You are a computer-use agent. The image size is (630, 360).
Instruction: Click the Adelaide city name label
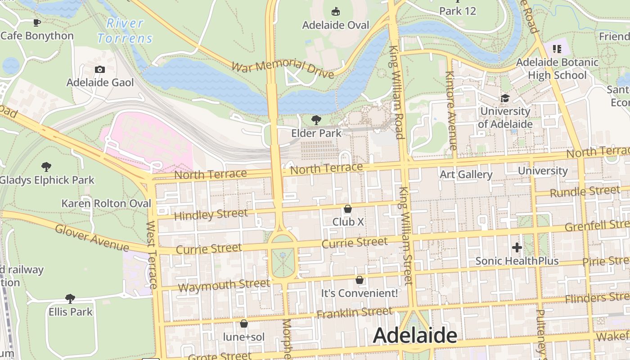(415, 336)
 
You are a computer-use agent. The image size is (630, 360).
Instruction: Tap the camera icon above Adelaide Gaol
(100, 69)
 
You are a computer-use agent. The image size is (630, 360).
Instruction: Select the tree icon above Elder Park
(316, 120)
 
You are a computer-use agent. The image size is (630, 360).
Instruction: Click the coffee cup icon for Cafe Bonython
(37, 22)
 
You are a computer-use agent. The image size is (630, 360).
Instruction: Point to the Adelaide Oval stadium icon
(335, 11)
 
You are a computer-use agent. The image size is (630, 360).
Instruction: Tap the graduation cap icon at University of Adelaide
(505, 98)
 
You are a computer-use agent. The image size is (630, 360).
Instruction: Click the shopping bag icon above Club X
(347, 209)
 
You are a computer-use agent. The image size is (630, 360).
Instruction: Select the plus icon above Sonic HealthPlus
(517, 247)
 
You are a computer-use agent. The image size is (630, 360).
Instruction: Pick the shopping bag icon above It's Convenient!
(359, 280)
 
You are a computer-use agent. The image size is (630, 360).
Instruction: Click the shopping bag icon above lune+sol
(243, 324)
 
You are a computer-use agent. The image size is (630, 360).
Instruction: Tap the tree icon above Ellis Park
(70, 298)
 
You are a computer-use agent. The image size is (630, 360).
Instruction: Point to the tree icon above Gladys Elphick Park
(46, 167)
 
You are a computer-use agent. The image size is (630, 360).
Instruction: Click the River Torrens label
(125, 31)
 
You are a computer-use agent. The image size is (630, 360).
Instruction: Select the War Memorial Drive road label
(283, 68)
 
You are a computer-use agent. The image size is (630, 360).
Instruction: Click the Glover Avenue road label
(92, 237)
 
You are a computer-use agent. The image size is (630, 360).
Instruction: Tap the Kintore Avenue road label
(451, 111)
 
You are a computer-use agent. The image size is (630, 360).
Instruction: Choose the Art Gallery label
(466, 174)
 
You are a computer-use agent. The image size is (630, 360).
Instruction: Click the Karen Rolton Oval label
(106, 203)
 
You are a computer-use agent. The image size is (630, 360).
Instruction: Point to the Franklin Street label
(355, 312)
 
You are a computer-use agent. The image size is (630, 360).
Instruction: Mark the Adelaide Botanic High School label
(557, 68)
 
